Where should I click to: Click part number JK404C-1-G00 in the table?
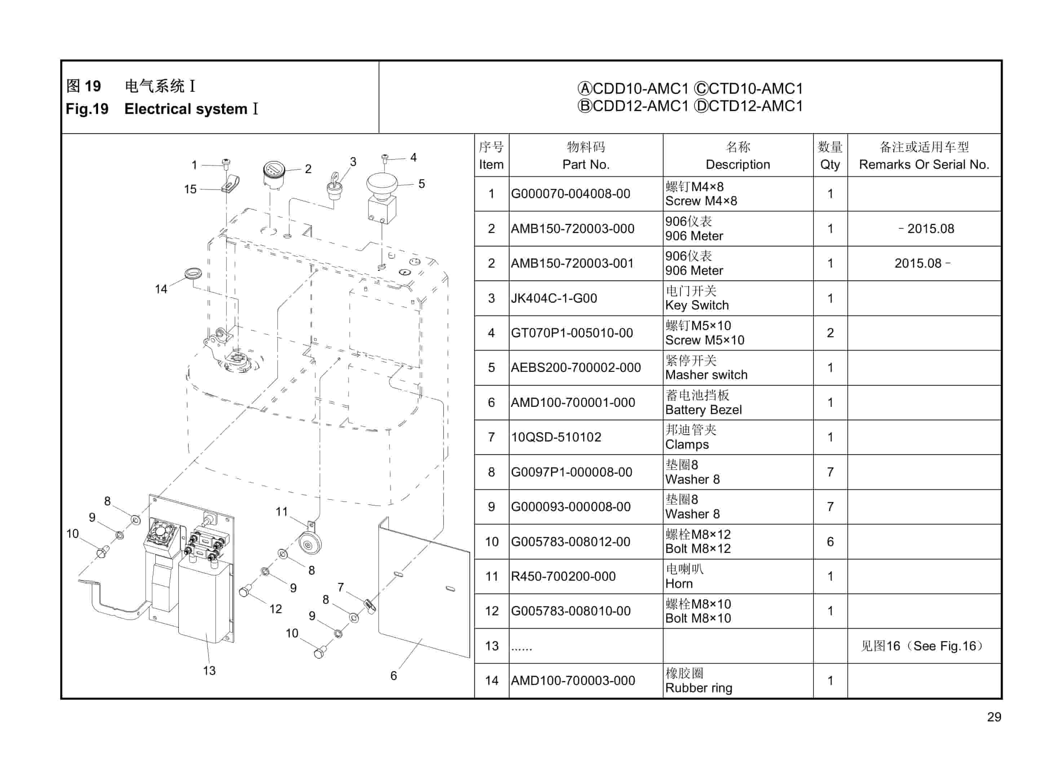tap(553, 298)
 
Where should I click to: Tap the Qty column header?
tap(830, 156)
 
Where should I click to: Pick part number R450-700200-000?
tap(563, 576)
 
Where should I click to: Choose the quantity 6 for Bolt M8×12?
tap(830, 542)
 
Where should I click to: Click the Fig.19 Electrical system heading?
tap(161, 109)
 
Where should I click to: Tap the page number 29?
tap(994, 717)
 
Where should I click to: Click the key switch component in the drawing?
tap(335, 188)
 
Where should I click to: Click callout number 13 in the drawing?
tap(209, 671)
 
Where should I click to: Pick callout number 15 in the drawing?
tap(190, 189)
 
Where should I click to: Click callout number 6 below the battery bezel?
tap(394, 676)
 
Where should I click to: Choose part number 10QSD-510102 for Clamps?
tap(556, 438)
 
